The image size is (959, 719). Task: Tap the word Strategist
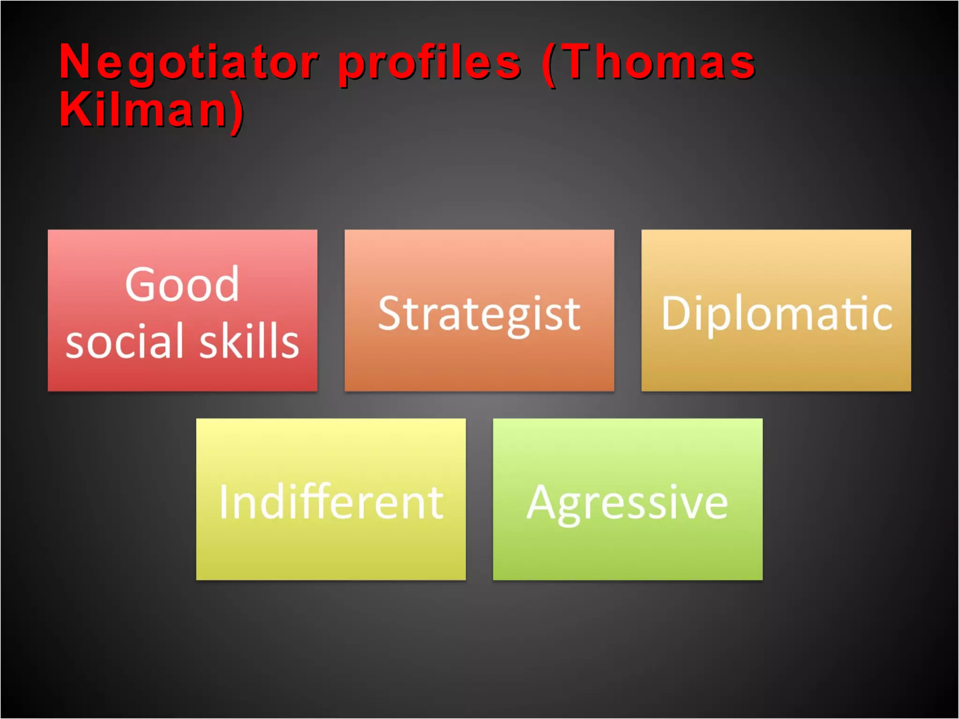[x=479, y=314]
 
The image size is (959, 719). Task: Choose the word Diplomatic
[x=776, y=314]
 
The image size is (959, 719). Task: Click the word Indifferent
[x=331, y=502]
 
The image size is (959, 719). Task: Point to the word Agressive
[x=627, y=503]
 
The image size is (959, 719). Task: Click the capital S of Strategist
[x=391, y=313]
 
